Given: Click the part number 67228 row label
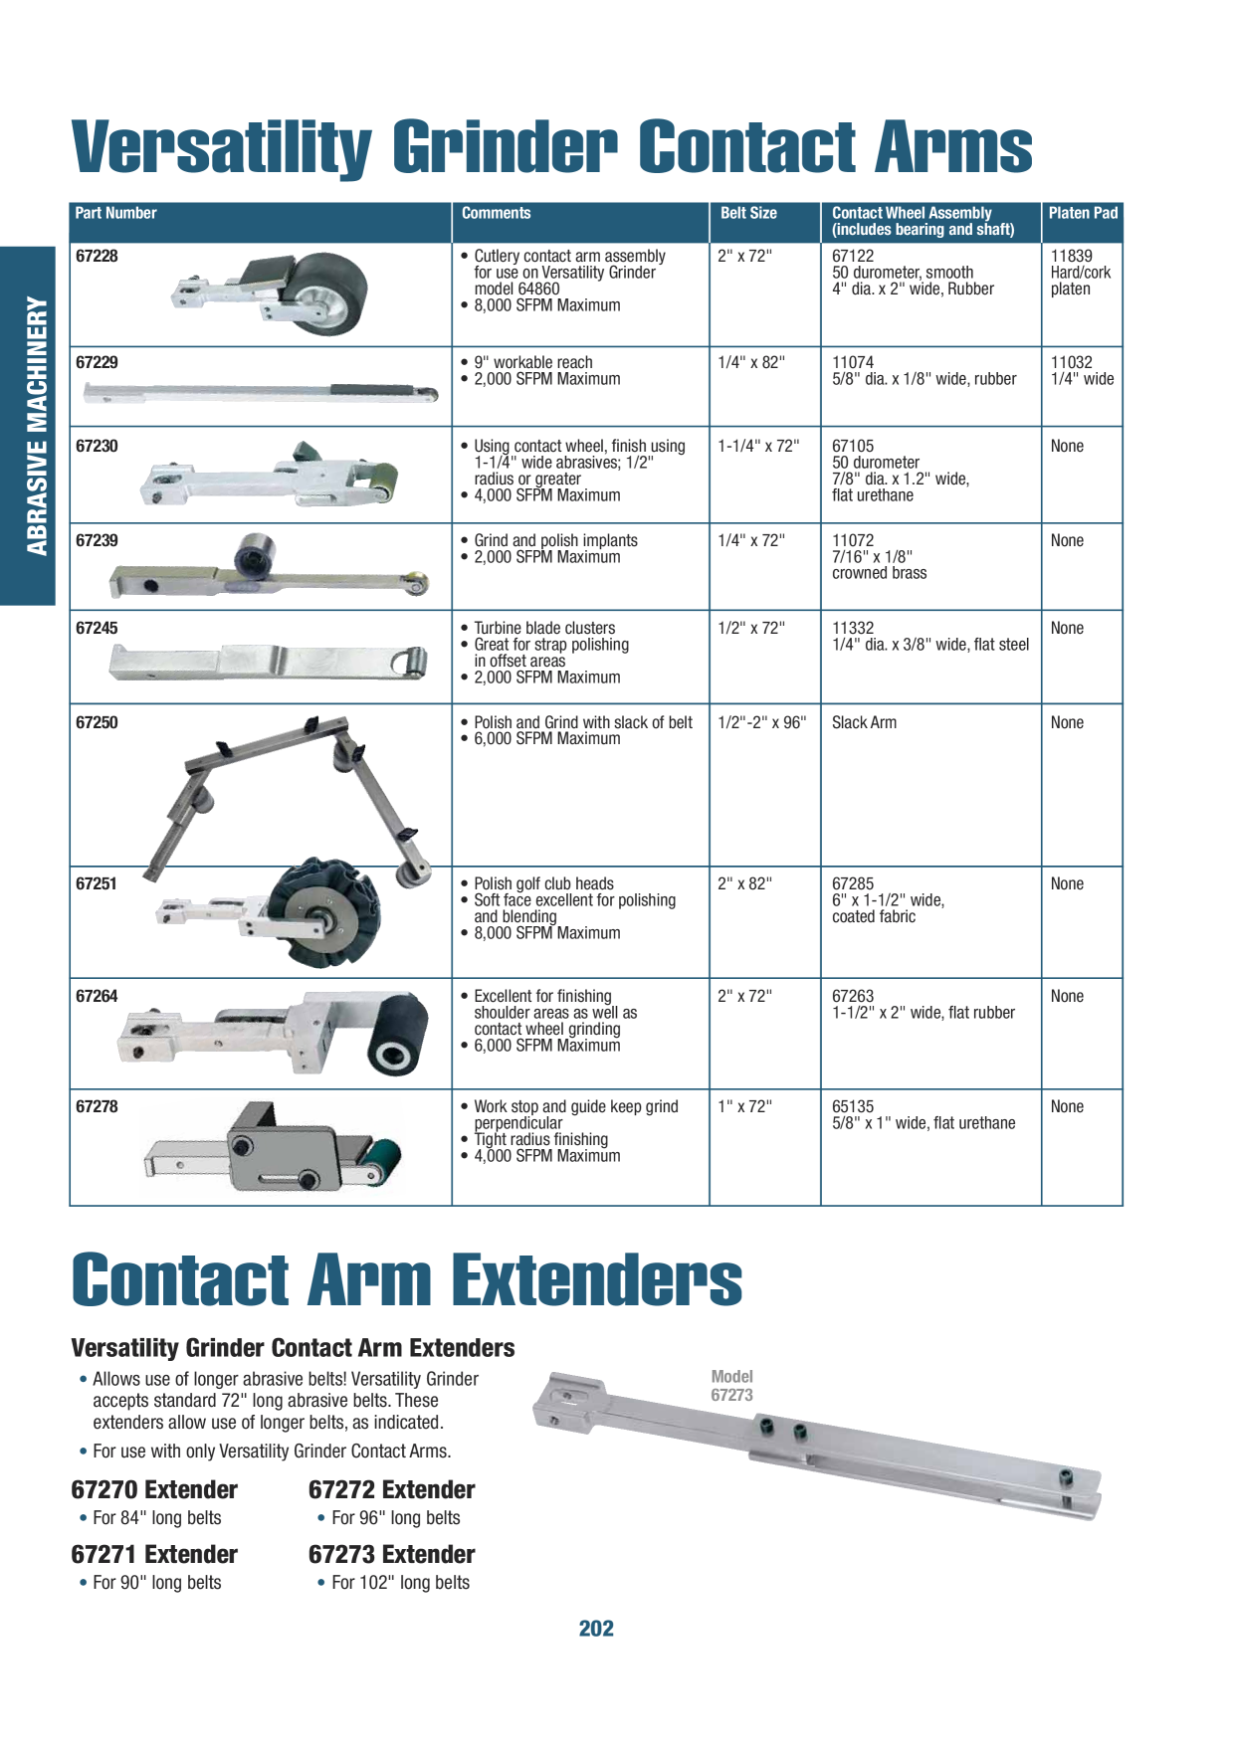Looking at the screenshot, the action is (97, 256).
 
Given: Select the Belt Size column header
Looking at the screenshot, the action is (748, 213).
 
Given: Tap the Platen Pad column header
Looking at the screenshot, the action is (1083, 213).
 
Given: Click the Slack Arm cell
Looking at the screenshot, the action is (864, 722).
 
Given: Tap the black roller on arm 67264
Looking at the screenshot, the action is (398, 1034).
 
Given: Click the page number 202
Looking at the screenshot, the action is (596, 1629).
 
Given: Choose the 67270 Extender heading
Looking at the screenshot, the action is (154, 1489).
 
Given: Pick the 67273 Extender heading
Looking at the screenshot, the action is (391, 1554).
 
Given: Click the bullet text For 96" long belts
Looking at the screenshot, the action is (396, 1517).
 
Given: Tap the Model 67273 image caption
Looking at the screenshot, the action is (731, 1386).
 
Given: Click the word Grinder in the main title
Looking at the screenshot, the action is (506, 147).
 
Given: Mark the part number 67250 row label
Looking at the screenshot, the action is (97, 722).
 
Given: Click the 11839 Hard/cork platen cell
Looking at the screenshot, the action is (1080, 272).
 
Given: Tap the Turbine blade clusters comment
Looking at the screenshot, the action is (544, 628).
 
